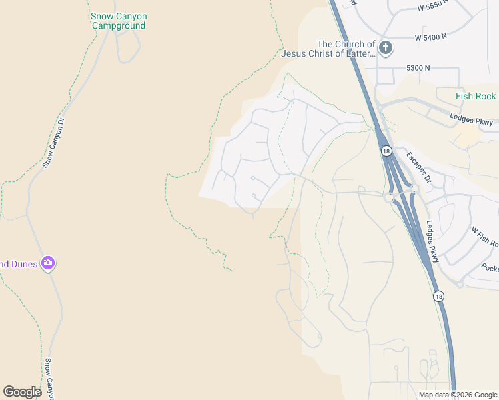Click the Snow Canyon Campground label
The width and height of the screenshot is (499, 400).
119,21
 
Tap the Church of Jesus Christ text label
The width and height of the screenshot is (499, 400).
328,49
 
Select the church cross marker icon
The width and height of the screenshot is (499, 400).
386,48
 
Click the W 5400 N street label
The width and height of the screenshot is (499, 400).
434,38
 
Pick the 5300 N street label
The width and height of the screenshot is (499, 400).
418,68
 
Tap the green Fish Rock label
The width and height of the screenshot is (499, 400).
476,96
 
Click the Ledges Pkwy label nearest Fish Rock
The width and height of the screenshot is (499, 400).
471,121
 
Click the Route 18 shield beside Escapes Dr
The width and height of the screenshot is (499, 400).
386,151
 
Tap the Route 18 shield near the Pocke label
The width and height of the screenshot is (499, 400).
438,295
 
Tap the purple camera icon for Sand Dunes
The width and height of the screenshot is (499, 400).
47,263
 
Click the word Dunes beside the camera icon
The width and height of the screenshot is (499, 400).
18,264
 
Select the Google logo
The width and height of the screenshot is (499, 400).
22,392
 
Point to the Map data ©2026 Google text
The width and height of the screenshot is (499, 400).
457,395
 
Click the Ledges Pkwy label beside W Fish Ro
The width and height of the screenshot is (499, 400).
432,241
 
